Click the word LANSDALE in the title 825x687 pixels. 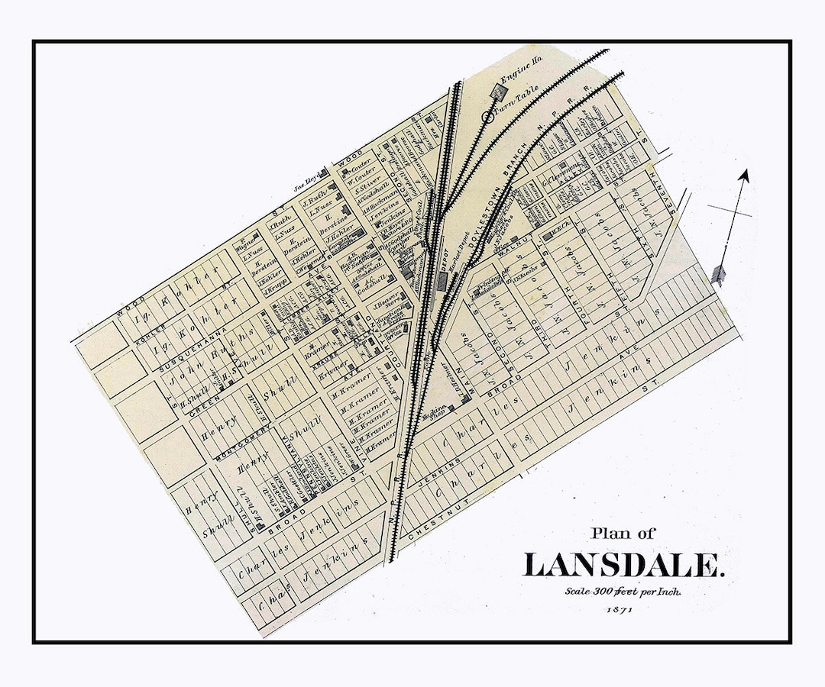pos(623,565)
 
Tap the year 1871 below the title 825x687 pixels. pos(620,609)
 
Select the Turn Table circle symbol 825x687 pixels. pos(488,117)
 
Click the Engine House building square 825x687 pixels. pos(498,92)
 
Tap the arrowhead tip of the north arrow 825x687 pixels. pos(745,174)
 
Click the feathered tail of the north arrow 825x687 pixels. pos(717,275)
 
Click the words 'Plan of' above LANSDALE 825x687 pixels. pos(622,534)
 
